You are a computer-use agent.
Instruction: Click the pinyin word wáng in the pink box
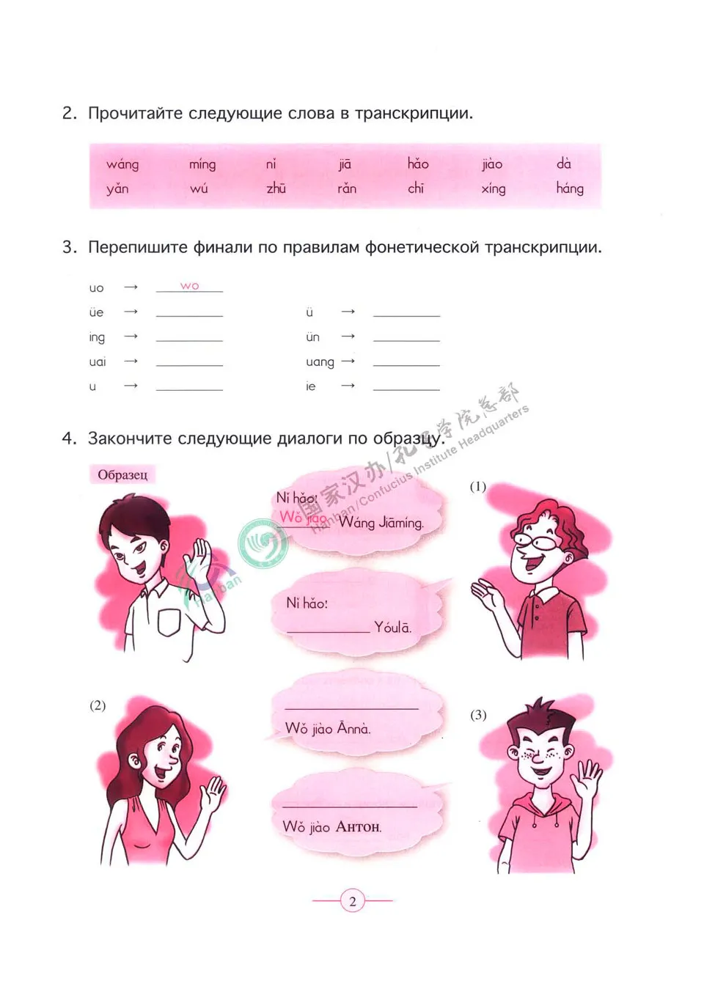click(122, 164)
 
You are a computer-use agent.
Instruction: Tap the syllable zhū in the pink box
click(276, 188)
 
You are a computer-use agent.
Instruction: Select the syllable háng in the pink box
click(570, 188)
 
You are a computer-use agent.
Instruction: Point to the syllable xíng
click(494, 188)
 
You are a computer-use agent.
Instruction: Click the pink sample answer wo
click(189, 286)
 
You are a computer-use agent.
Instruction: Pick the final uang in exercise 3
click(320, 362)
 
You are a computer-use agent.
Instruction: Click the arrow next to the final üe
click(131, 312)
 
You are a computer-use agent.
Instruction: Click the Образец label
click(122, 475)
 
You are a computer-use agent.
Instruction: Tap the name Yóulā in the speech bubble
click(392, 628)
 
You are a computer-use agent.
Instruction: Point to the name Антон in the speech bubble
click(359, 827)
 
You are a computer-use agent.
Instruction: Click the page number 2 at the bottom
click(353, 901)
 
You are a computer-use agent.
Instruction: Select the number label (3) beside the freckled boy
click(478, 715)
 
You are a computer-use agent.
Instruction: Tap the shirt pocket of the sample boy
click(169, 623)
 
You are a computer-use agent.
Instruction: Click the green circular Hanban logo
click(262, 544)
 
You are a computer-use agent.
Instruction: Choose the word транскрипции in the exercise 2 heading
click(414, 114)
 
